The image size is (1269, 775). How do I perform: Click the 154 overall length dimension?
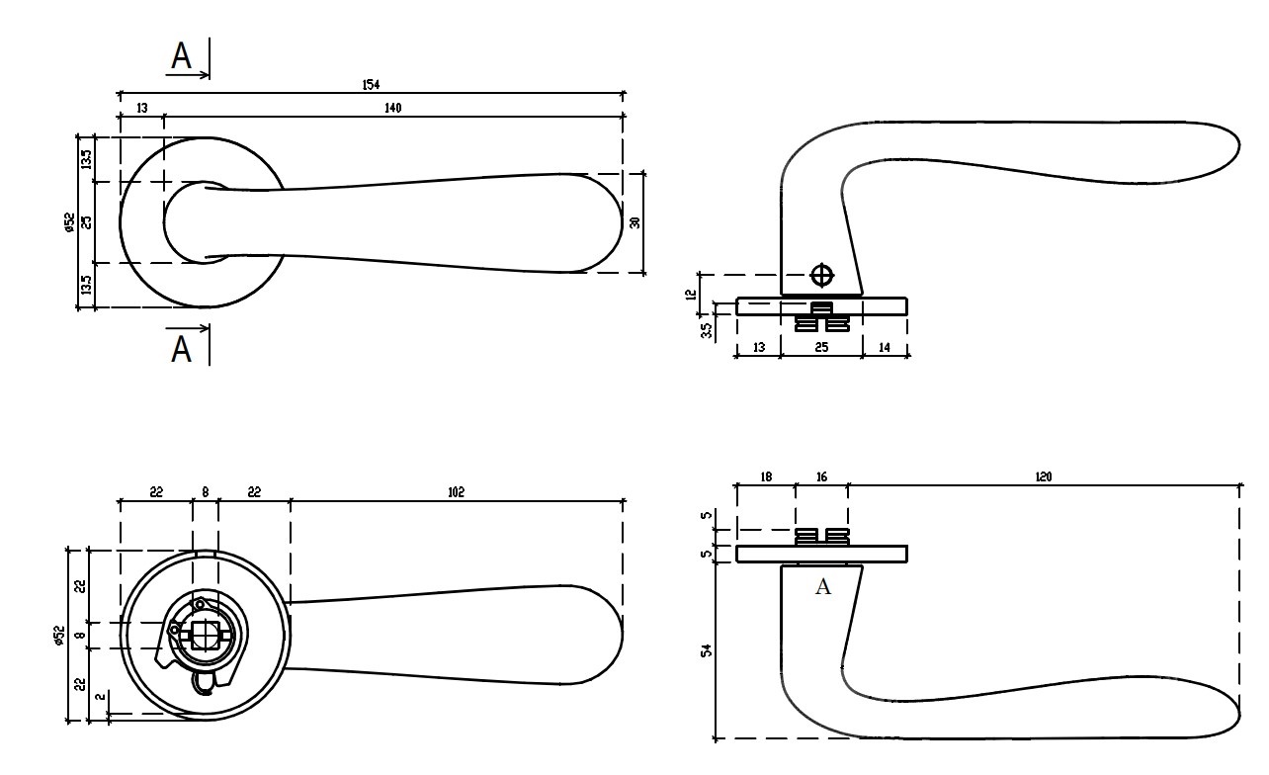371,85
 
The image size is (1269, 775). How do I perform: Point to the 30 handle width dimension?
634,222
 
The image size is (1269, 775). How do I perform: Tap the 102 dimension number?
456,491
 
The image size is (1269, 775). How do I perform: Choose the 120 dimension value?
1044,476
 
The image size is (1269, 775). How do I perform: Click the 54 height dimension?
707,652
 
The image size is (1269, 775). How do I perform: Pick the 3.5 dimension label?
707,328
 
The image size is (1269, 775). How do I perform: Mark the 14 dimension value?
885,347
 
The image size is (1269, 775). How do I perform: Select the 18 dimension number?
766,476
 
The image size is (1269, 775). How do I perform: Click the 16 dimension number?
821,476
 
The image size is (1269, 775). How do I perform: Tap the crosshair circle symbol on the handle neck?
821,275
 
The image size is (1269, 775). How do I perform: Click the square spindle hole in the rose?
207,635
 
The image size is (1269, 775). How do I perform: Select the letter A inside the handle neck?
822,588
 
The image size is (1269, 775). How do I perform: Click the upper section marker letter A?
181,56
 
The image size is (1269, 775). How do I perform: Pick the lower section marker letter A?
181,349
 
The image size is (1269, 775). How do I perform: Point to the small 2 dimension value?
100,699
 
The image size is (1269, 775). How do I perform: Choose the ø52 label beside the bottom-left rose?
59,635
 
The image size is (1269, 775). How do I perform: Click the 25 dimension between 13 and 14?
821,347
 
